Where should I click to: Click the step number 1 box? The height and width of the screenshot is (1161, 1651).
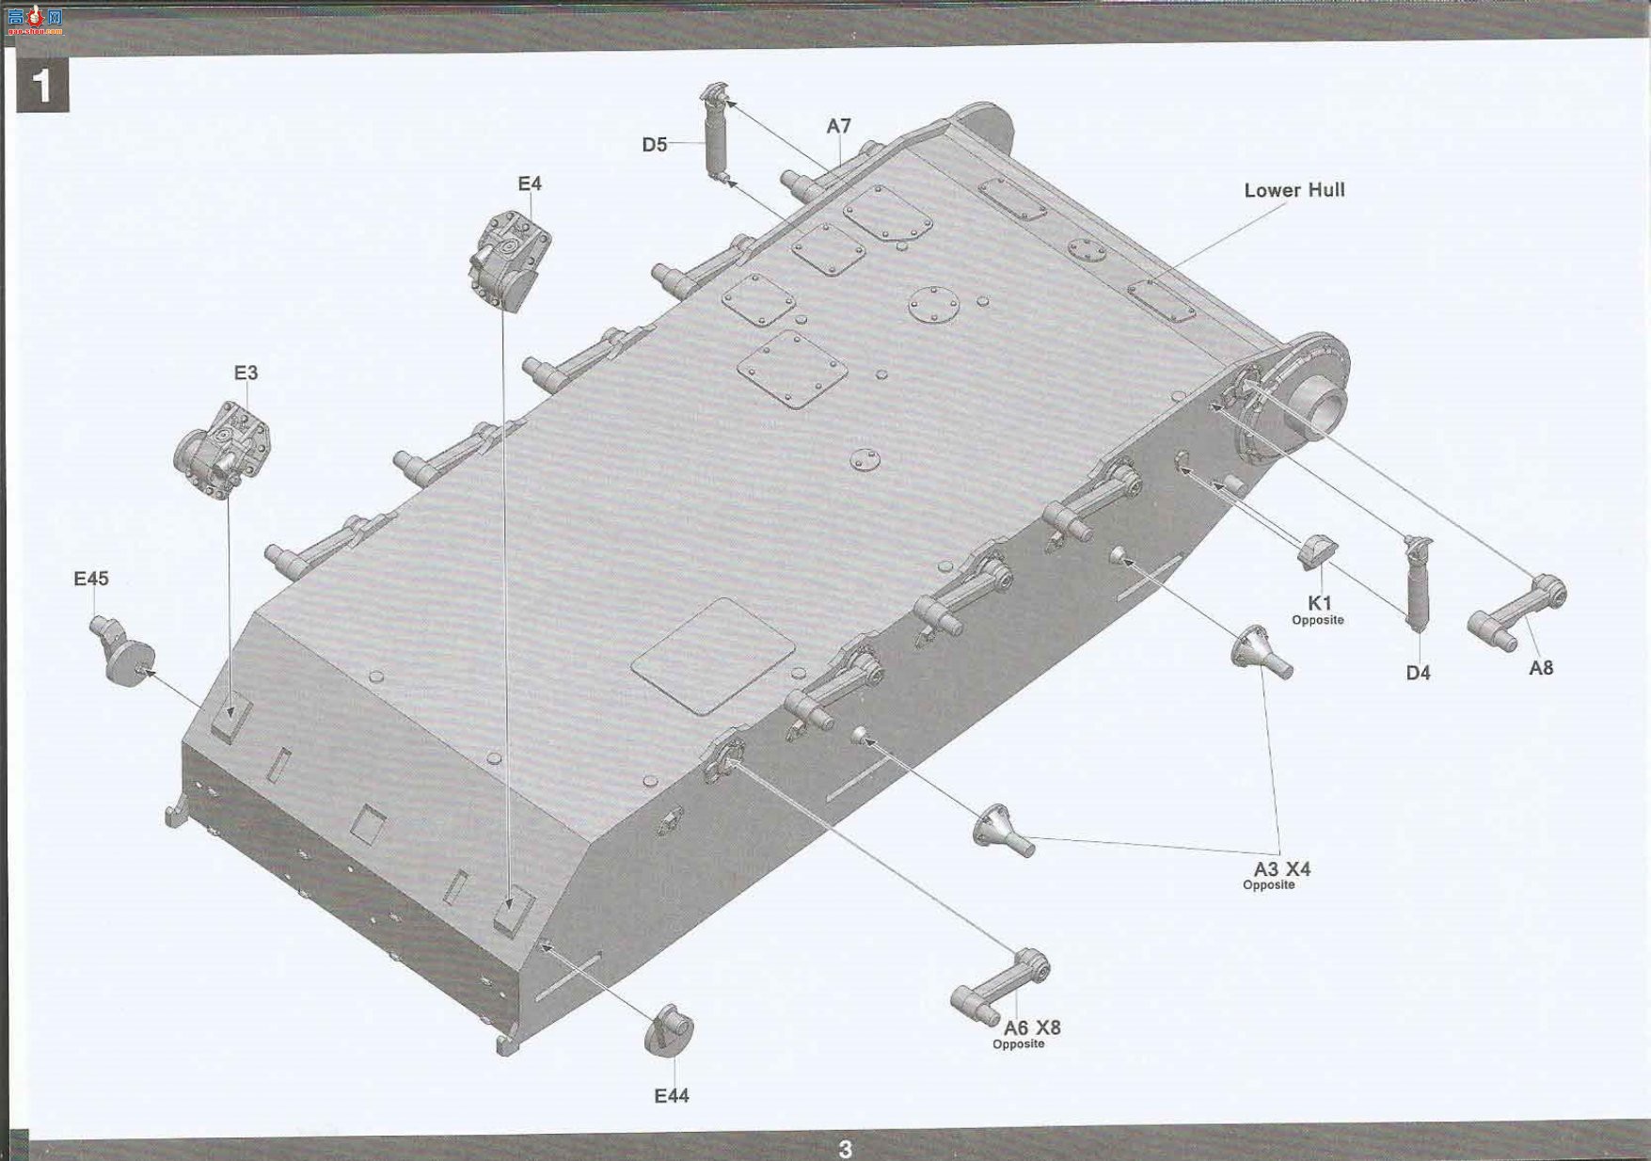click(42, 86)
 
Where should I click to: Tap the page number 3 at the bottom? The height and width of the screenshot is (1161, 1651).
click(845, 1149)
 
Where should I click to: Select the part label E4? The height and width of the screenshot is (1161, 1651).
click(530, 183)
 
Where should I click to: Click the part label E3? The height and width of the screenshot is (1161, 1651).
click(246, 373)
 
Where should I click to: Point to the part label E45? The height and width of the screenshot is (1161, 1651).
click(91, 579)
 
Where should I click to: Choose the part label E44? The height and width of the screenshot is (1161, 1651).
click(672, 1096)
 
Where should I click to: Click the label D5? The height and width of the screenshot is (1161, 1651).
click(655, 145)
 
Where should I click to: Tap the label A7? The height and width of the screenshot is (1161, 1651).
click(839, 126)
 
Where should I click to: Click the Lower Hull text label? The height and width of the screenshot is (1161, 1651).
click(1294, 190)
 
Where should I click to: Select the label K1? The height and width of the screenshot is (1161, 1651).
click(1320, 603)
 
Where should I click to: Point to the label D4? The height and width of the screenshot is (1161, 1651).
click(1418, 673)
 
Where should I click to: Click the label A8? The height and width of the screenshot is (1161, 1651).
click(1541, 668)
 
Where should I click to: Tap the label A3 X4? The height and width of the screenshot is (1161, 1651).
click(1281, 869)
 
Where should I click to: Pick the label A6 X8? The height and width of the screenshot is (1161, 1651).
click(1032, 1028)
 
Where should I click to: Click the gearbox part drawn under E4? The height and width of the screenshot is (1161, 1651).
click(509, 261)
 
